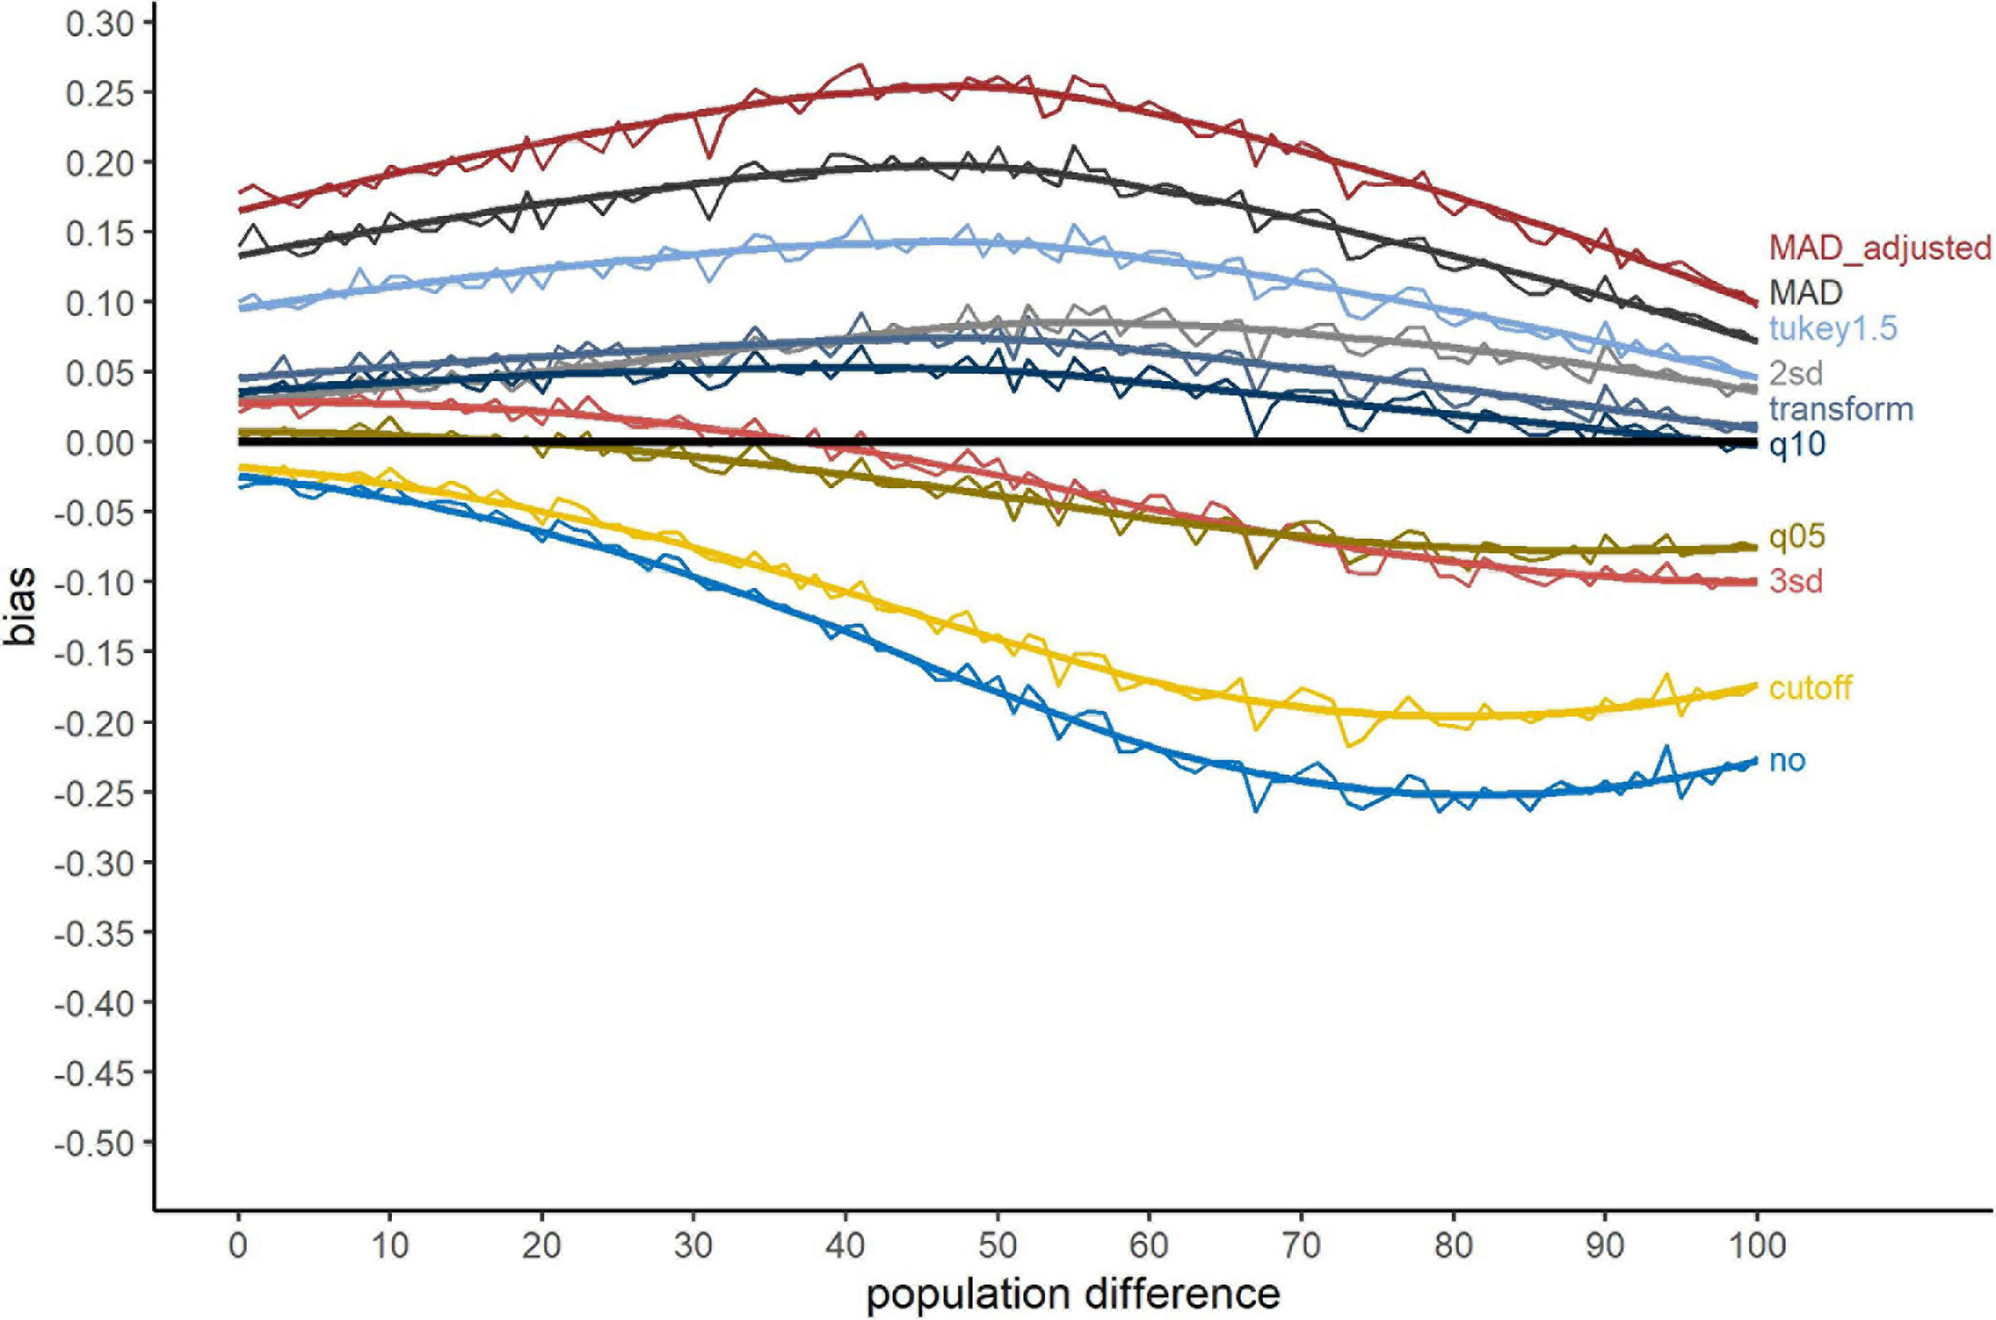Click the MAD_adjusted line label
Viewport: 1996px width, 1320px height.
pyautogui.click(x=1879, y=248)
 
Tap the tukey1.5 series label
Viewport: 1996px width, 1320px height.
pyautogui.click(x=1833, y=328)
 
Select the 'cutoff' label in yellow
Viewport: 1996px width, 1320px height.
pyautogui.click(x=1810, y=688)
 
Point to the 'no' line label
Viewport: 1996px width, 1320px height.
pyautogui.click(x=1787, y=760)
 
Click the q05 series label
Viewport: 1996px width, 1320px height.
pyautogui.click(x=1796, y=537)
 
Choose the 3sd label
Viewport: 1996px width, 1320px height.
pyautogui.click(x=1795, y=581)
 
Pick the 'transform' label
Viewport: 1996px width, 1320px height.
pyautogui.click(x=1841, y=409)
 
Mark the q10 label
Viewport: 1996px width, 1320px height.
pyautogui.click(x=1796, y=445)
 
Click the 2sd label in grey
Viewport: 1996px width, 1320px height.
pyautogui.click(x=1795, y=373)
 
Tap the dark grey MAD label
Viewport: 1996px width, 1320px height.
pyautogui.click(x=1805, y=292)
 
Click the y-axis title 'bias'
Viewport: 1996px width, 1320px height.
pyautogui.click(x=20, y=606)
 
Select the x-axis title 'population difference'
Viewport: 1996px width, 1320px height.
pyautogui.click(x=1072, y=1294)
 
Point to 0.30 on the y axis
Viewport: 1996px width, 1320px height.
pyautogui.click(x=100, y=24)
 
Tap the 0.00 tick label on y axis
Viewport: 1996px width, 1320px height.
pyautogui.click(x=100, y=443)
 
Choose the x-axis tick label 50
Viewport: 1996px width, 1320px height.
pyautogui.click(x=996, y=1246)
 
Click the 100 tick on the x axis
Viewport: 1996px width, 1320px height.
pyautogui.click(x=1756, y=1246)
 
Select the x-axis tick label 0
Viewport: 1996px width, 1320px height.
pyautogui.click(x=238, y=1246)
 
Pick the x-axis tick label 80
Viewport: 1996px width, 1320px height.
pyautogui.click(x=1453, y=1246)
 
